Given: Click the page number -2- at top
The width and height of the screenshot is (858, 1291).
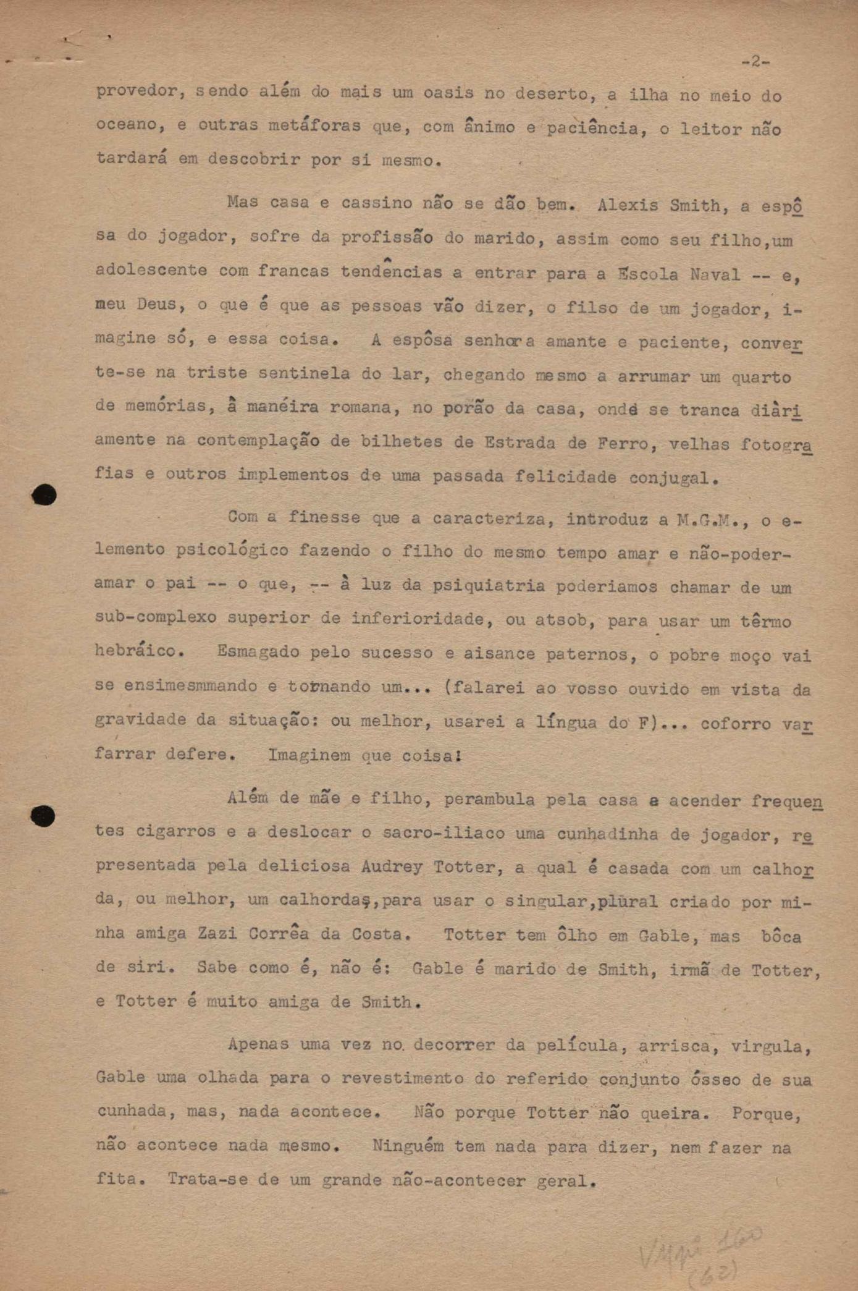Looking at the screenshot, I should click(x=755, y=62).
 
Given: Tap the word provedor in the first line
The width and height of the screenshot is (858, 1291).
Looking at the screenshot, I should click(x=137, y=91).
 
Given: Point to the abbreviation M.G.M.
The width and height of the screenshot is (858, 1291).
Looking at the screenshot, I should click(x=713, y=520).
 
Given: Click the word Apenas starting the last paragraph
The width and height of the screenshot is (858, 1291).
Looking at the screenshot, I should click(x=258, y=1044).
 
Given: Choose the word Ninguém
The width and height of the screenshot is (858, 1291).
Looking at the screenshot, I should click(x=408, y=1146).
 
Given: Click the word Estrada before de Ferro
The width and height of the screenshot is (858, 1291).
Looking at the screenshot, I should click(x=515, y=442).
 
